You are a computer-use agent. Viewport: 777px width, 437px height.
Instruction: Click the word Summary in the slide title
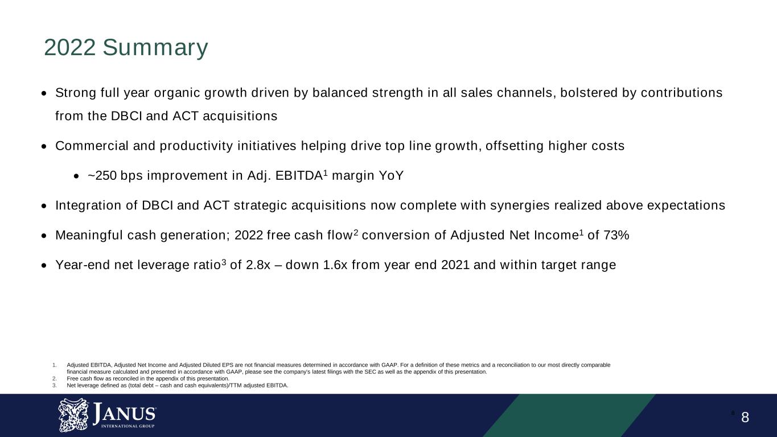155,48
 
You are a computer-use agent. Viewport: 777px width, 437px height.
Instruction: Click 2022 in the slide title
69,47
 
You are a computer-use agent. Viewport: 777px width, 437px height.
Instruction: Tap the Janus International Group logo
107,415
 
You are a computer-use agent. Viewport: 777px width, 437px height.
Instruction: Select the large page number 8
745,417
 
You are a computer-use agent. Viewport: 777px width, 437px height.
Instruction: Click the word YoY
391,175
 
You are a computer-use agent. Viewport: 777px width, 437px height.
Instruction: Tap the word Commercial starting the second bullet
92,146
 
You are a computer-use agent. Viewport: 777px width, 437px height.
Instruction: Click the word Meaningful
89,235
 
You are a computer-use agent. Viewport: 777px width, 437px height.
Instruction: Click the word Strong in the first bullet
76,93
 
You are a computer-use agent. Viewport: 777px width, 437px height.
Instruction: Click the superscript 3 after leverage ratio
224,262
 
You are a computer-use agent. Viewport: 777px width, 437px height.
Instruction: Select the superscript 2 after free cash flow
356,232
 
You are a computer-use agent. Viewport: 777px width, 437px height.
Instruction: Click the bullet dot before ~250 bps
77,176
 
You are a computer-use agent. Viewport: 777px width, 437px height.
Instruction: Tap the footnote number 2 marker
54,378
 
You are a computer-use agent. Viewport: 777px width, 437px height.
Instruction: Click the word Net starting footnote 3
71,385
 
